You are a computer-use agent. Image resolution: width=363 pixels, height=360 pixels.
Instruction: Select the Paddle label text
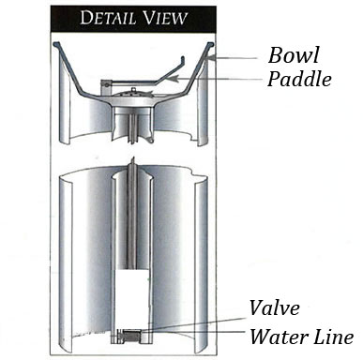click(300, 79)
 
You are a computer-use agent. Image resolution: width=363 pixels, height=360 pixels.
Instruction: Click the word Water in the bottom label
click(273, 336)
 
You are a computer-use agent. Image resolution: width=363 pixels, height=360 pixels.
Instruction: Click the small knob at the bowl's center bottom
click(140, 90)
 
